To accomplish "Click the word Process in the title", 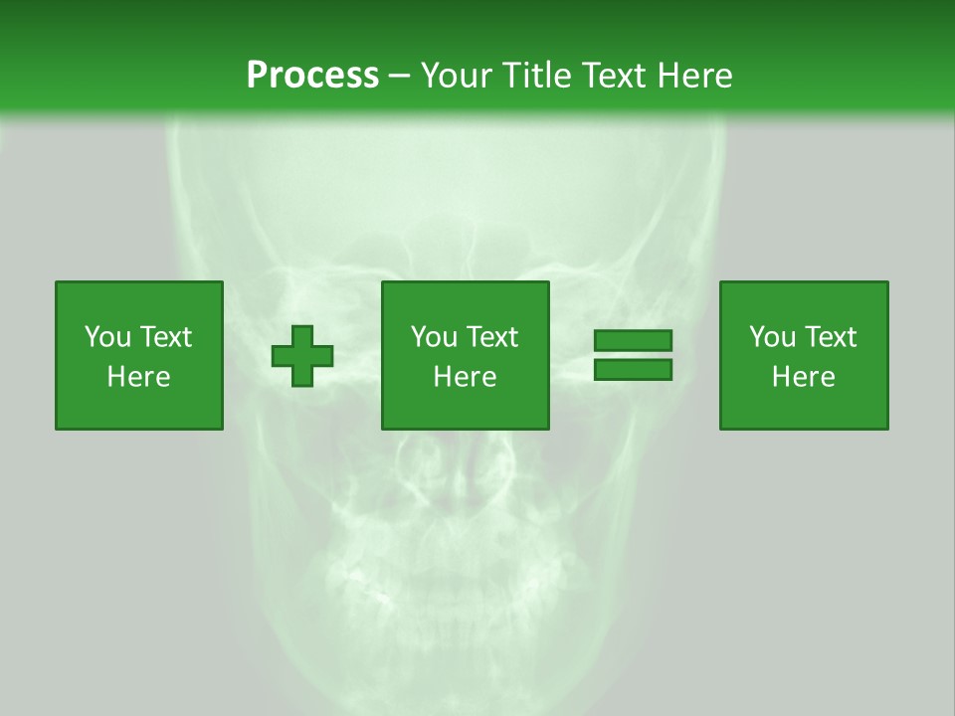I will [x=312, y=76].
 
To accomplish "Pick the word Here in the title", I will [x=696, y=76].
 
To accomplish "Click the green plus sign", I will [x=302, y=356].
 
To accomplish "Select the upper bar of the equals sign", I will [x=633, y=341].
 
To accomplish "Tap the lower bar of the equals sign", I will [x=633, y=370].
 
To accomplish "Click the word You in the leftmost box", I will [x=107, y=337].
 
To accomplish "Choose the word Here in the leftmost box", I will [x=138, y=377].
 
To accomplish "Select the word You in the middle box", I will [x=434, y=337].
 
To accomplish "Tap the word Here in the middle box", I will [x=465, y=377].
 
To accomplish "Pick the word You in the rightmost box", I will [x=772, y=337].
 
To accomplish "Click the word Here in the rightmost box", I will [x=803, y=377].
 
